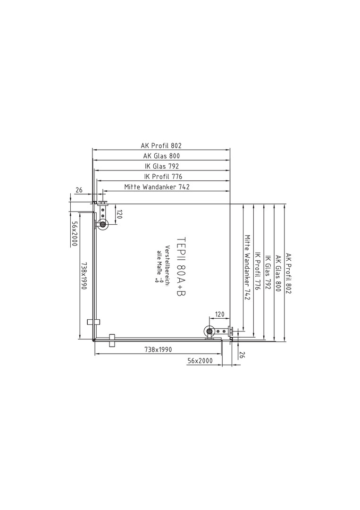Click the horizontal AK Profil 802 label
[x=161, y=145]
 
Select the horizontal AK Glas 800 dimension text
[x=161, y=156]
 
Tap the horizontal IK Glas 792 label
[x=162, y=166]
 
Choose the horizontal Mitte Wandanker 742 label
[x=157, y=187]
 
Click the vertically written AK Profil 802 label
[x=289, y=273]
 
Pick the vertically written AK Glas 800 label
[x=278, y=273]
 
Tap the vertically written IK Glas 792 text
[x=268, y=272]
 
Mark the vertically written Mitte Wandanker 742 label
[x=248, y=267]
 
